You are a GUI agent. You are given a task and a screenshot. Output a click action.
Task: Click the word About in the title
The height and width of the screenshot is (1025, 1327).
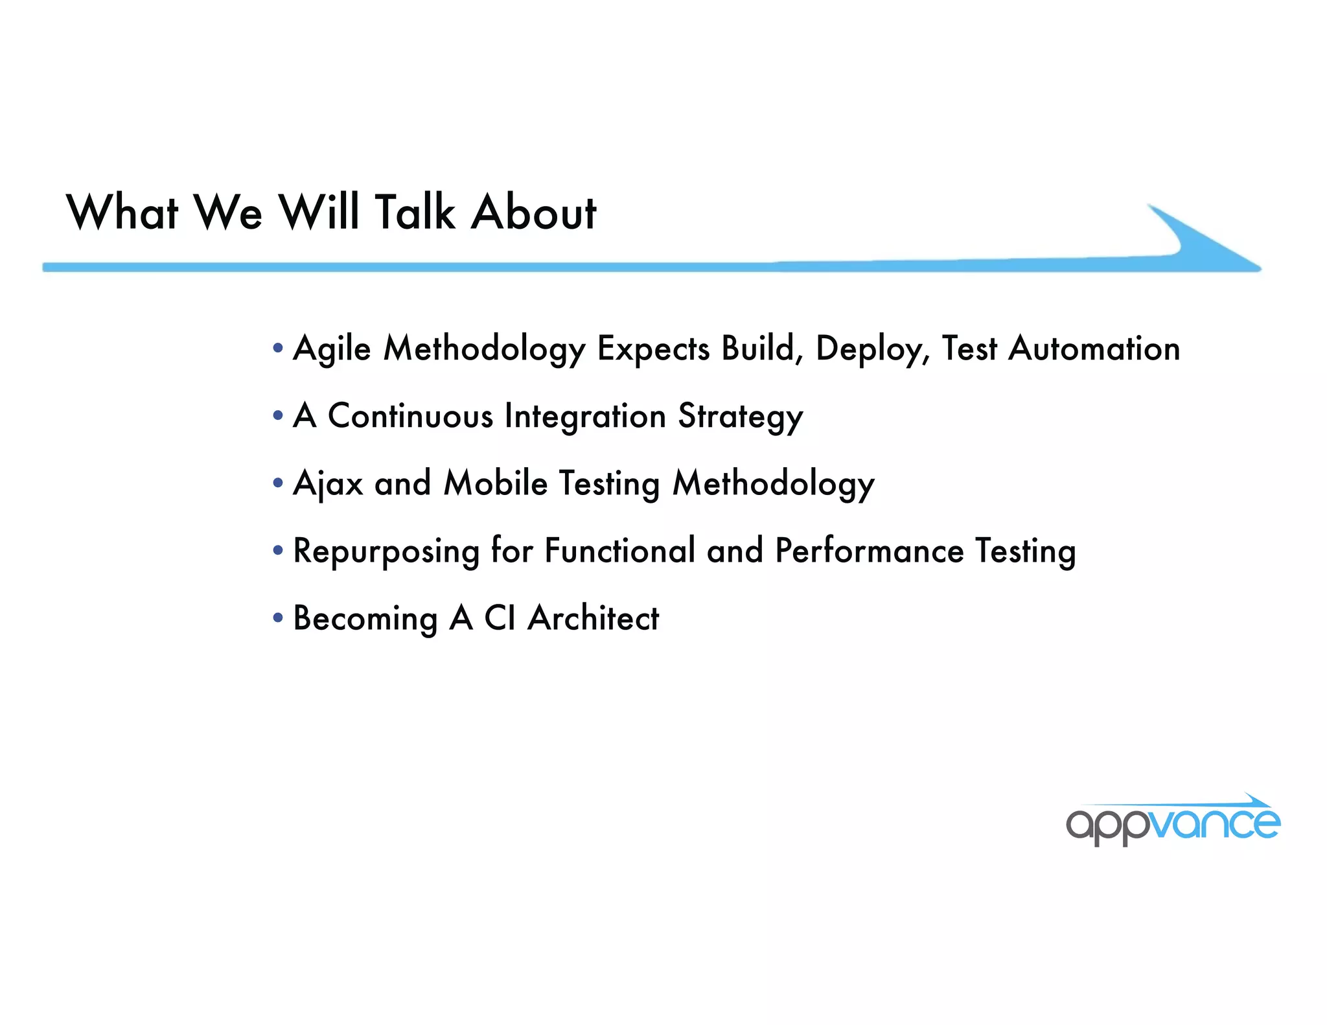(x=533, y=213)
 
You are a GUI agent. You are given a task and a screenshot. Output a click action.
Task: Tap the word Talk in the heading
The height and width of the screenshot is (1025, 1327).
(x=415, y=213)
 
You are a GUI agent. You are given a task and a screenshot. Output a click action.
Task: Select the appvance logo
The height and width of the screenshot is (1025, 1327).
(x=1173, y=822)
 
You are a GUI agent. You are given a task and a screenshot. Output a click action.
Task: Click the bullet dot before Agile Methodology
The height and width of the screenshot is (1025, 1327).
(x=278, y=349)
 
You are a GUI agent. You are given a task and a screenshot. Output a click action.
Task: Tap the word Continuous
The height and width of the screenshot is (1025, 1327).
(x=410, y=416)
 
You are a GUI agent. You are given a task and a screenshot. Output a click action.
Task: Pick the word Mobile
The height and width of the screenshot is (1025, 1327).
(x=496, y=483)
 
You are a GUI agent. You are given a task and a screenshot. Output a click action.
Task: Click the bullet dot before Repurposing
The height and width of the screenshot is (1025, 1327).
(x=278, y=551)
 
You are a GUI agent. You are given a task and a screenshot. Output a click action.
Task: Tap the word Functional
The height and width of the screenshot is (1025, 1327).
(x=619, y=551)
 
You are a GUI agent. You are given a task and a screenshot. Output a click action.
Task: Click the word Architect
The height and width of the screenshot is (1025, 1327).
(x=593, y=618)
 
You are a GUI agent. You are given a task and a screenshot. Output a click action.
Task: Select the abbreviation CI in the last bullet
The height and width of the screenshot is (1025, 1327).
(x=500, y=618)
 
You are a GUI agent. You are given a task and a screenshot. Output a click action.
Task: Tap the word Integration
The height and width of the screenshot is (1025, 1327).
(x=585, y=416)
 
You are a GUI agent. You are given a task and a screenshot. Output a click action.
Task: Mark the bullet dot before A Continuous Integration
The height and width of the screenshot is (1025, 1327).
(x=278, y=416)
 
